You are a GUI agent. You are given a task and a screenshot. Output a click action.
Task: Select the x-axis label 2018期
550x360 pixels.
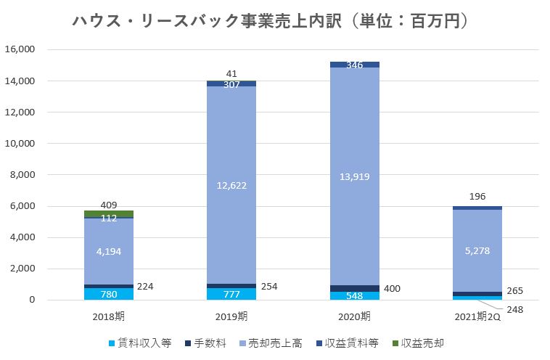coord(108,316)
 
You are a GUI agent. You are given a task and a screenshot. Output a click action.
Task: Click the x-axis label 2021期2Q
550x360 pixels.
coord(477,316)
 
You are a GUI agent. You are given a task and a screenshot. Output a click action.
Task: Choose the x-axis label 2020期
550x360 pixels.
coord(354,316)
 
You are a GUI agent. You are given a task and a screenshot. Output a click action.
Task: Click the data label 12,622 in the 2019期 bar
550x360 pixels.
coord(231,185)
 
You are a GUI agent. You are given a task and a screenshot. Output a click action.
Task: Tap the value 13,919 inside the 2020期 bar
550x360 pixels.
coord(354,175)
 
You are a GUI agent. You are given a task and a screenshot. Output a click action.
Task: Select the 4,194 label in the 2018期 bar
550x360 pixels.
coord(108,251)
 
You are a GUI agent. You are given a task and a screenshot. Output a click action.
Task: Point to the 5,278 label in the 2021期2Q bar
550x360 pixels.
coord(477,251)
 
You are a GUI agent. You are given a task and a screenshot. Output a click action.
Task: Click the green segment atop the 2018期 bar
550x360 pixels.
coord(108,214)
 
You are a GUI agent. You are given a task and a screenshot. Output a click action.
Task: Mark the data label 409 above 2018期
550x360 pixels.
coord(108,205)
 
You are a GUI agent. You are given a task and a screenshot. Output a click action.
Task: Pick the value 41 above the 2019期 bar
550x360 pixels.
coord(231,73)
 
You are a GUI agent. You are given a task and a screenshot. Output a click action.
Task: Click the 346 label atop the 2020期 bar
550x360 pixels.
coord(354,65)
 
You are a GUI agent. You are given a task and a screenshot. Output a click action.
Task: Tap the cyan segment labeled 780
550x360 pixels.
coord(108,294)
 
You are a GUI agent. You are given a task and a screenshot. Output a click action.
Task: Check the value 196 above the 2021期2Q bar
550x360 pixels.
coord(477,196)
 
